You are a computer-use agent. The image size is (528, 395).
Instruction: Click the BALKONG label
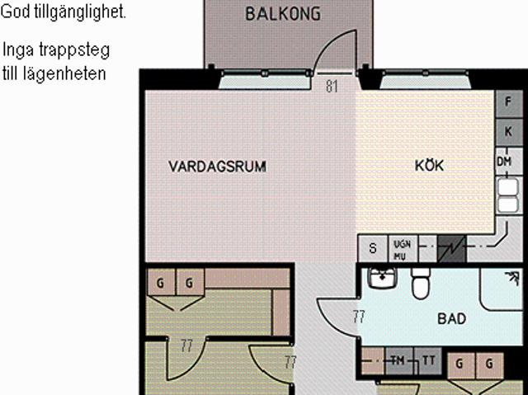click(x=283, y=14)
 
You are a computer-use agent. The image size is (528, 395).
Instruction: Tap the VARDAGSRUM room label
click(x=218, y=167)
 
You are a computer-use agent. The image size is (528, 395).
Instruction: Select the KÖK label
click(x=429, y=165)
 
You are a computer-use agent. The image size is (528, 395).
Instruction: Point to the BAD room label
click(x=452, y=318)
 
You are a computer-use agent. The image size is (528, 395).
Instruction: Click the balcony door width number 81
click(x=332, y=86)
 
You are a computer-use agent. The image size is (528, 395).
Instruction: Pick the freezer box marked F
click(x=508, y=101)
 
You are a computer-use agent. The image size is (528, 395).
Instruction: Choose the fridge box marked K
click(x=508, y=132)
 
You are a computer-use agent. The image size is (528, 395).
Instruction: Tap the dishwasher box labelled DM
click(x=504, y=162)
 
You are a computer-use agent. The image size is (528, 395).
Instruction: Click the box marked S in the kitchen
click(x=373, y=248)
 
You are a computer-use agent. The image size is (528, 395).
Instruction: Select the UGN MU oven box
click(x=403, y=249)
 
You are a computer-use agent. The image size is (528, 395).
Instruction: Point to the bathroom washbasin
click(x=383, y=278)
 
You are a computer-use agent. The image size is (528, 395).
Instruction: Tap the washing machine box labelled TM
click(x=399, y=361)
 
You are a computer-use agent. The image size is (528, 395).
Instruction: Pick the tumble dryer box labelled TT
click(x=428, y=361)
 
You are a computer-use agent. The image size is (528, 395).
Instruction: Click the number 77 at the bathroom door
click(x=359, y=317)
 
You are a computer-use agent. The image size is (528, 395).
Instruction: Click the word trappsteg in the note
click(x=74, y=51)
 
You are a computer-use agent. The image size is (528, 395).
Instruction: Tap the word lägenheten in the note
click(x=64, y=73)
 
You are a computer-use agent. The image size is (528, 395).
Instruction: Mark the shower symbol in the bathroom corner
click(x=512, y=278)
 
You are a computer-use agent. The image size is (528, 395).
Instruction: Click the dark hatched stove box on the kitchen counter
click(x=451, y=249)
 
